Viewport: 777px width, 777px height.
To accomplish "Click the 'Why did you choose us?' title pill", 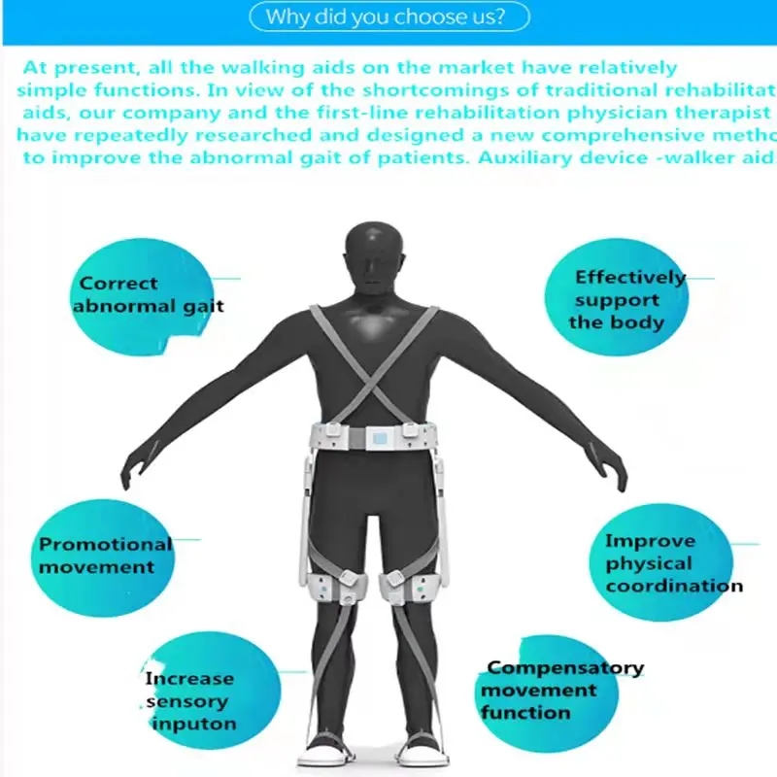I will tap(388, 17).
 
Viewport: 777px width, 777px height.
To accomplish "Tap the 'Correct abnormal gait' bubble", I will tap(150, 294).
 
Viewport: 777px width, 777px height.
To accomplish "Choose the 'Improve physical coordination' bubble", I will tap(660, 563).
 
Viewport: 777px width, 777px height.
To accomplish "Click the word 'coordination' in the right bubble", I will tap(674, 587).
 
